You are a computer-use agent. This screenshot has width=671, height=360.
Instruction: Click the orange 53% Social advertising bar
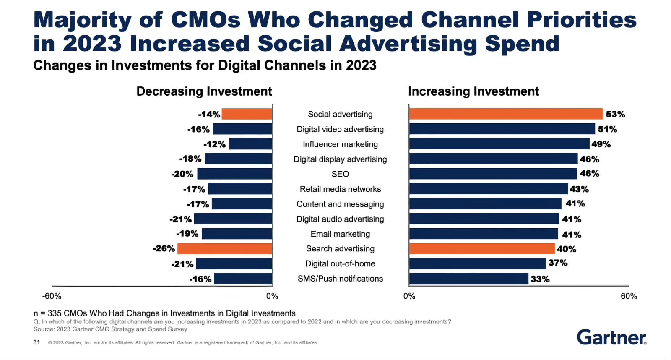(506, 114)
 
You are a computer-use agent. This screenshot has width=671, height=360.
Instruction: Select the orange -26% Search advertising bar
(225, 248)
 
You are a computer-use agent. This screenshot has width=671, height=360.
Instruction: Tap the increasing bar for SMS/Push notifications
(468, 279)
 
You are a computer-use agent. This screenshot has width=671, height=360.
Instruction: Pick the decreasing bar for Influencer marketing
(250, 144)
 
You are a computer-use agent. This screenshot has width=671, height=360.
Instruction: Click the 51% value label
(607, 129)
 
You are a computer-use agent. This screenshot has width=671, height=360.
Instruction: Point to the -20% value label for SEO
(182, 174)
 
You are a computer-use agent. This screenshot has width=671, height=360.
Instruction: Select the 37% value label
(558, 263)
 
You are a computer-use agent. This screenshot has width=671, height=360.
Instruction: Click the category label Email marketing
(340, 234)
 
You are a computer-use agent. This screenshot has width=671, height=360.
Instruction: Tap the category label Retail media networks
(340, 189)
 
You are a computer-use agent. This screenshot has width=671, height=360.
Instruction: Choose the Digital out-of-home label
(340, 263)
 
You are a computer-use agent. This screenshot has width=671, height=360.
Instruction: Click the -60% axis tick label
(52, 296)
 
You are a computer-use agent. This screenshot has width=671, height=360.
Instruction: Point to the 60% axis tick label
(629, 296)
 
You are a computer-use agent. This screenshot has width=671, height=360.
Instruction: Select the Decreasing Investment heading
(204, 91)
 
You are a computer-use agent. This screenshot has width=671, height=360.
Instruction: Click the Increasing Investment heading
(473, 91)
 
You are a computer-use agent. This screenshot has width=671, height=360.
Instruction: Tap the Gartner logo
(611, 337)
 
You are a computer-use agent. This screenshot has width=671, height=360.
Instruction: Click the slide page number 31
(36, 342)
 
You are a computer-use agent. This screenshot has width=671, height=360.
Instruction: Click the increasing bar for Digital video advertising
(502, 129)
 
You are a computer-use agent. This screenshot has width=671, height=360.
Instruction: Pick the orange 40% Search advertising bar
(482, 248)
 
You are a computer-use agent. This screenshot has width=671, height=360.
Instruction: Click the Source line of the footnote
(110, 329)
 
